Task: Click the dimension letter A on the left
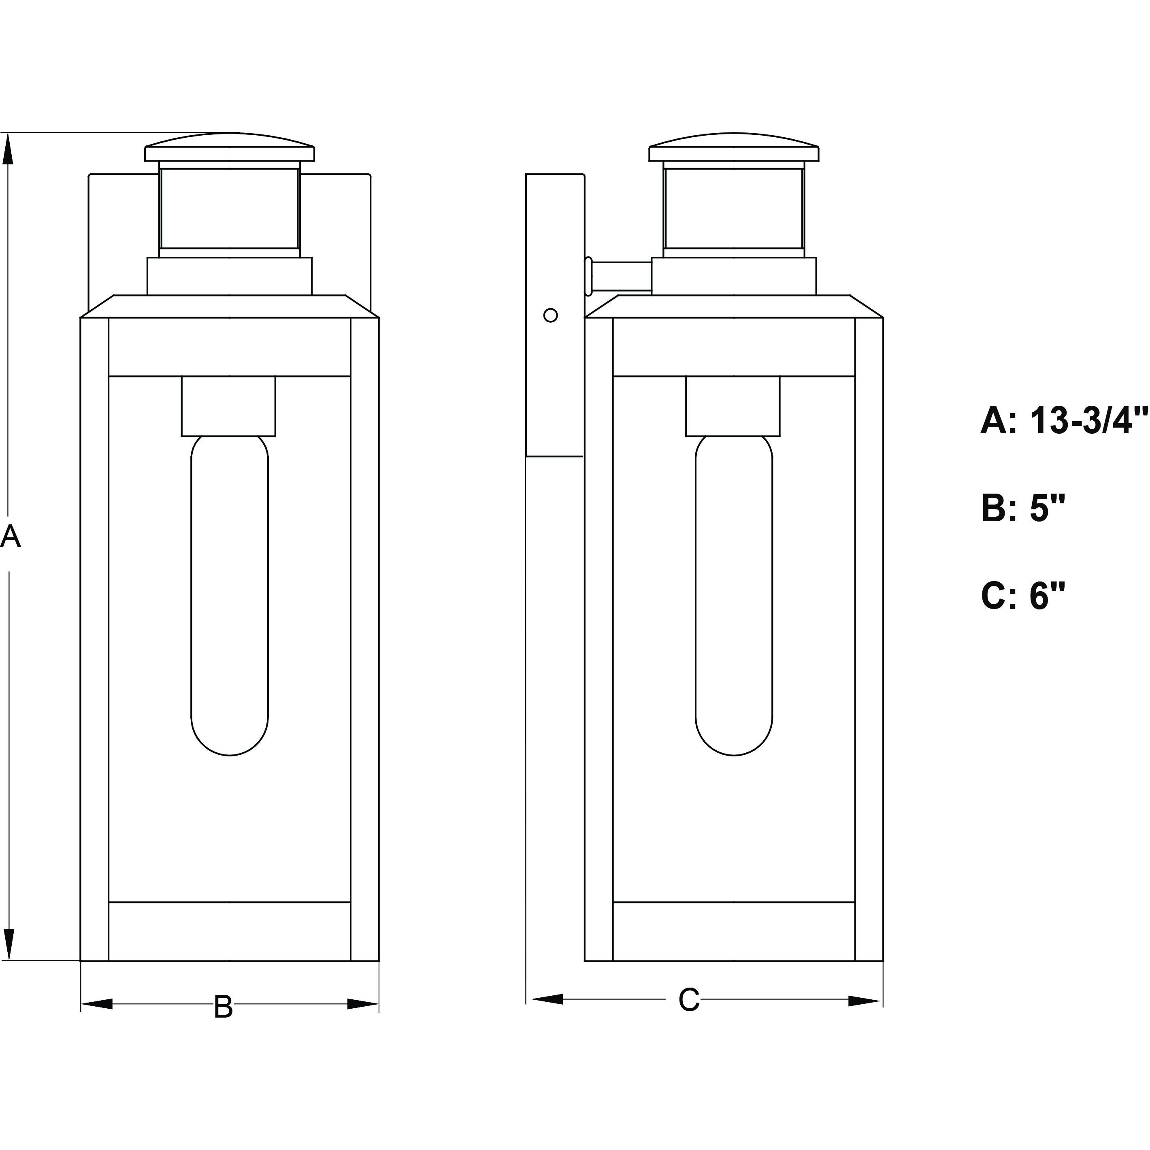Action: tap(10, 537)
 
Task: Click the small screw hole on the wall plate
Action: tap(551, 315)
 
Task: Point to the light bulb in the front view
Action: tap(229, 595)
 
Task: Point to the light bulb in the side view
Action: tap(734, 595)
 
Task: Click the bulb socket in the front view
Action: tap(228, 406)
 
